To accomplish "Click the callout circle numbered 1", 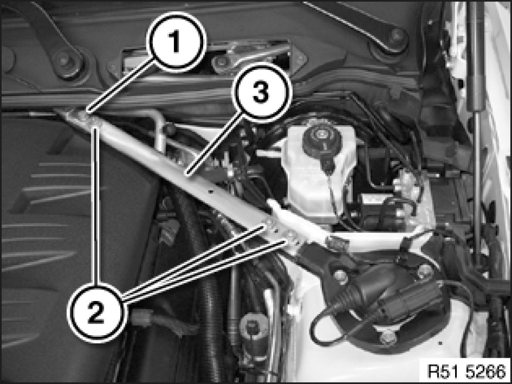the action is click(x=176, y=42).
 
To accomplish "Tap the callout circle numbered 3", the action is click(x=261, y=92).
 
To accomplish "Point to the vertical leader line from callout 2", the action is click(x=96, y=205).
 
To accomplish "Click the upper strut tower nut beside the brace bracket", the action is click(x=341, y=277).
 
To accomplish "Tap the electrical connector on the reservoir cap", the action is click(x=328, y=163).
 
